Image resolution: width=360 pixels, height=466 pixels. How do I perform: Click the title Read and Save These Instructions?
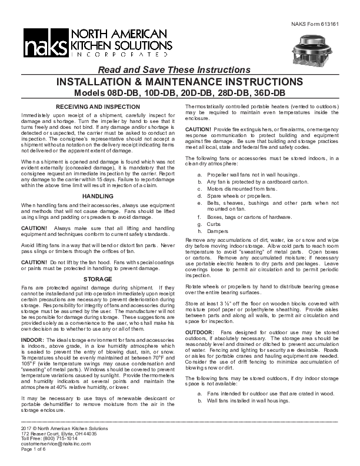pos(182,69)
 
